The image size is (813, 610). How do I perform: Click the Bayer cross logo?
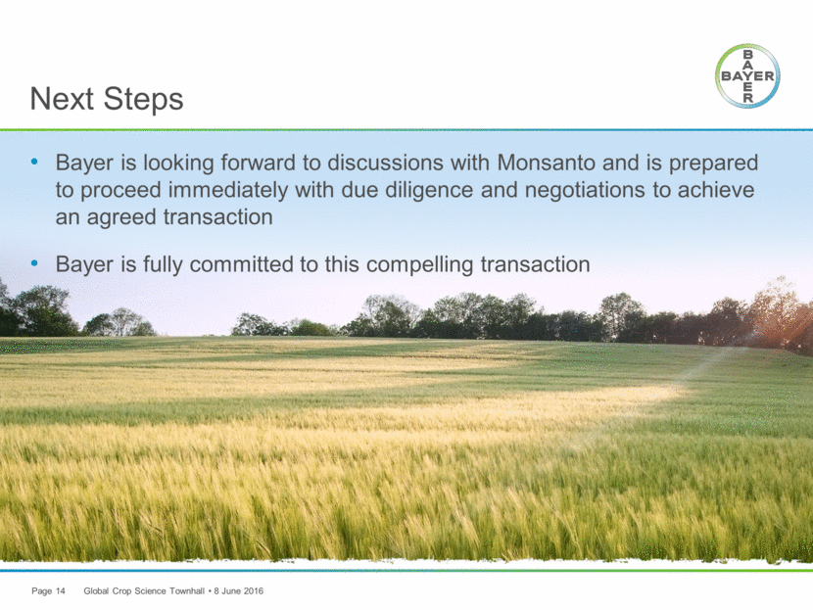pos(747,76)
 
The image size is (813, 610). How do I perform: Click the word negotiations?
pos(585,190)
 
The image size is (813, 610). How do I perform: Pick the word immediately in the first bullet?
pos(228,190)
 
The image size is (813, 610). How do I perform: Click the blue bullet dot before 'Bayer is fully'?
pos(34,263)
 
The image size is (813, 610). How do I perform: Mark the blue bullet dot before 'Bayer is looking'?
pos(34,162)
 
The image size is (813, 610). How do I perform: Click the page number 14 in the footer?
pos(60,590)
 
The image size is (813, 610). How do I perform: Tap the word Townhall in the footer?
pos(187,590)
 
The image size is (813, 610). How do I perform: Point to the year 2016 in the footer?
pos(254,590)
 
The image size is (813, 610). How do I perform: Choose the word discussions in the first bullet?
pos(385,163)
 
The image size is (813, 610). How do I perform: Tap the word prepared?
pos(713,164)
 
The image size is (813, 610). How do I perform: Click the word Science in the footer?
pos(151,590)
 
